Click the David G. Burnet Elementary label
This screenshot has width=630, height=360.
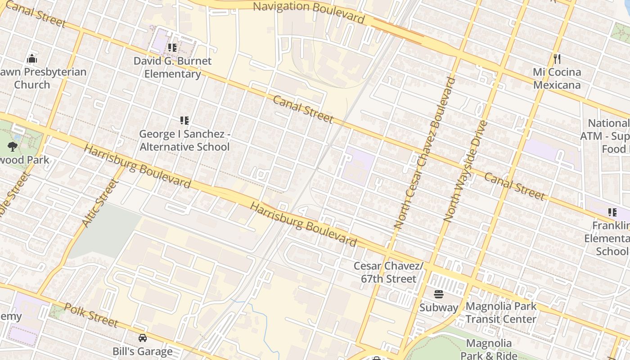click(172, 67)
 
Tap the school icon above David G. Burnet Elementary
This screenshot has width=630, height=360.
click(172, 47)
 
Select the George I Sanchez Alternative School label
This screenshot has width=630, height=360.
click(184, 140)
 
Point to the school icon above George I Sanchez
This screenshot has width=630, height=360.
click(184, 120)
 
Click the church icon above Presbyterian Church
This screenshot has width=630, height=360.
click(31, 58)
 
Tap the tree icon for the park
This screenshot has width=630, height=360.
click(12, 146)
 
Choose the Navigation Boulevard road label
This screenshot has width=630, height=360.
click(309, 12)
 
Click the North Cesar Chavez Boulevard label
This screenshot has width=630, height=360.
click(425, 153)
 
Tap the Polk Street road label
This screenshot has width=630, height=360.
click(91, 315)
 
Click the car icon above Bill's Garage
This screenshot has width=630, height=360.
click(142, 337)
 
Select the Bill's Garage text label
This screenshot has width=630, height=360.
click(142, 351)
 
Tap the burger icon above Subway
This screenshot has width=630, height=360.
click(439, 294)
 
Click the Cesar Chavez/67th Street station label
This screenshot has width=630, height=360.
click(388, 272)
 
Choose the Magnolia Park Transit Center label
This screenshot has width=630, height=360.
click(501, 313)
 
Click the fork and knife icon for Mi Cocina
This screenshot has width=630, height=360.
click(557, 58)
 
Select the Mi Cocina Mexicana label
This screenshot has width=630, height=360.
click(557, 78)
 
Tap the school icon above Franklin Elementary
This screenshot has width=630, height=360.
click(612, 212)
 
